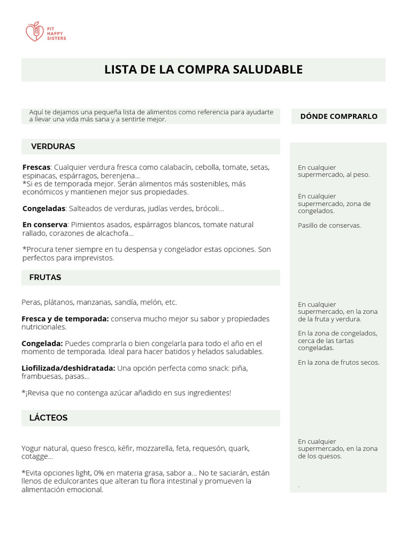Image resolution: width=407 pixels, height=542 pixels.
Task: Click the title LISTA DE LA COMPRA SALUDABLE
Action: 203,70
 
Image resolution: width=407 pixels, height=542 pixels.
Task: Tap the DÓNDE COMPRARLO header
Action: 339,116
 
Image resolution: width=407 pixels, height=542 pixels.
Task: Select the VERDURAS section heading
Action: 53,147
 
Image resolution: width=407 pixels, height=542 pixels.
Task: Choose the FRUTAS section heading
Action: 46,277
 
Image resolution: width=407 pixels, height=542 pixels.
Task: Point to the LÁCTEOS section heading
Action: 48,418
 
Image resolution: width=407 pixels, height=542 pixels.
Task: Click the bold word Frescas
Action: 36,167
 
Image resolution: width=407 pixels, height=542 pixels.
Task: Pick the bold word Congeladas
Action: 43,209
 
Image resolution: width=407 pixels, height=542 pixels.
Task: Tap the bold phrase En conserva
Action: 45,225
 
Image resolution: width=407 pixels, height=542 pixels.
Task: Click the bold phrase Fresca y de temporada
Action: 65,319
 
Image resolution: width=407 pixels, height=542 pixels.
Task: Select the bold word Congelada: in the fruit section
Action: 42,344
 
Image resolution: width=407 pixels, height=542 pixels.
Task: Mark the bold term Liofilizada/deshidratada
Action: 68,368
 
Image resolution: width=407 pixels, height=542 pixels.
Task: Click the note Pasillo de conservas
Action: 329,225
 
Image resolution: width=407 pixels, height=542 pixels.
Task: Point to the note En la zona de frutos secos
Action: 338,363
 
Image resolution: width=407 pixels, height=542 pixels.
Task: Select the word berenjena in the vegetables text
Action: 120,176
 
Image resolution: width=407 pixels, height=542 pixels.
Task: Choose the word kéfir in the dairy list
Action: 125,448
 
